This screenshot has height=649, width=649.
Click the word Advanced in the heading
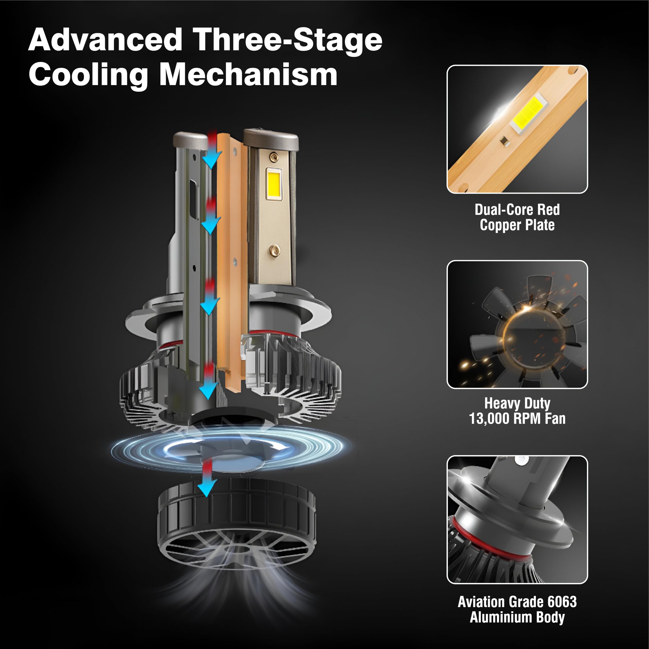(105, 40)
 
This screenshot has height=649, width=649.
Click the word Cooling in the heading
(88, 77)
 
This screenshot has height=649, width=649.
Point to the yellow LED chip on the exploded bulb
(274, 183)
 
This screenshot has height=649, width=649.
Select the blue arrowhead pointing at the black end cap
(206, 488)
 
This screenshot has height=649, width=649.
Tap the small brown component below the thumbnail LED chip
(504, 141)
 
